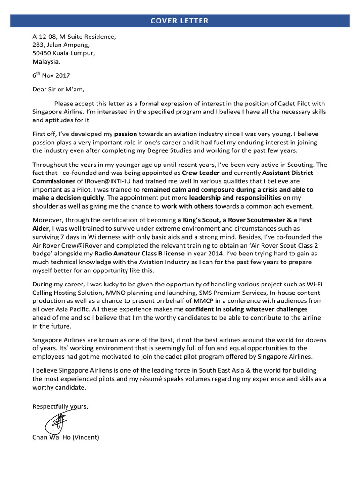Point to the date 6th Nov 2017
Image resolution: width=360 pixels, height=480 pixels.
(x=51, y=75)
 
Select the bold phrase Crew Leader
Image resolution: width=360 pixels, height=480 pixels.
(x=200, y=172)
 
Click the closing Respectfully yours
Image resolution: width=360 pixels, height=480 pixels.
(x=60, y=406)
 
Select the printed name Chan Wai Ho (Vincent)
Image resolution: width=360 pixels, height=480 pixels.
(x=66, y=437)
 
